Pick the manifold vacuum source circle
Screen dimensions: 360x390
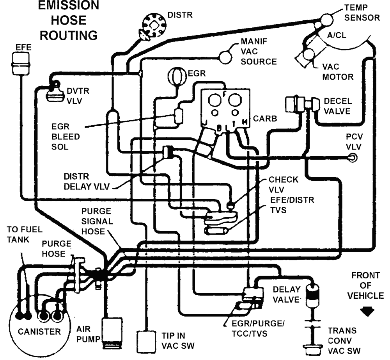(225, 57)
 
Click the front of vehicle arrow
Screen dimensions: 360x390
(367, 312)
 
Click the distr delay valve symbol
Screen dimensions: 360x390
(169, 152)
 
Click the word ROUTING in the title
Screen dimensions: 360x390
(69, 35)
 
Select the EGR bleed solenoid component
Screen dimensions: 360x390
(179, 115)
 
